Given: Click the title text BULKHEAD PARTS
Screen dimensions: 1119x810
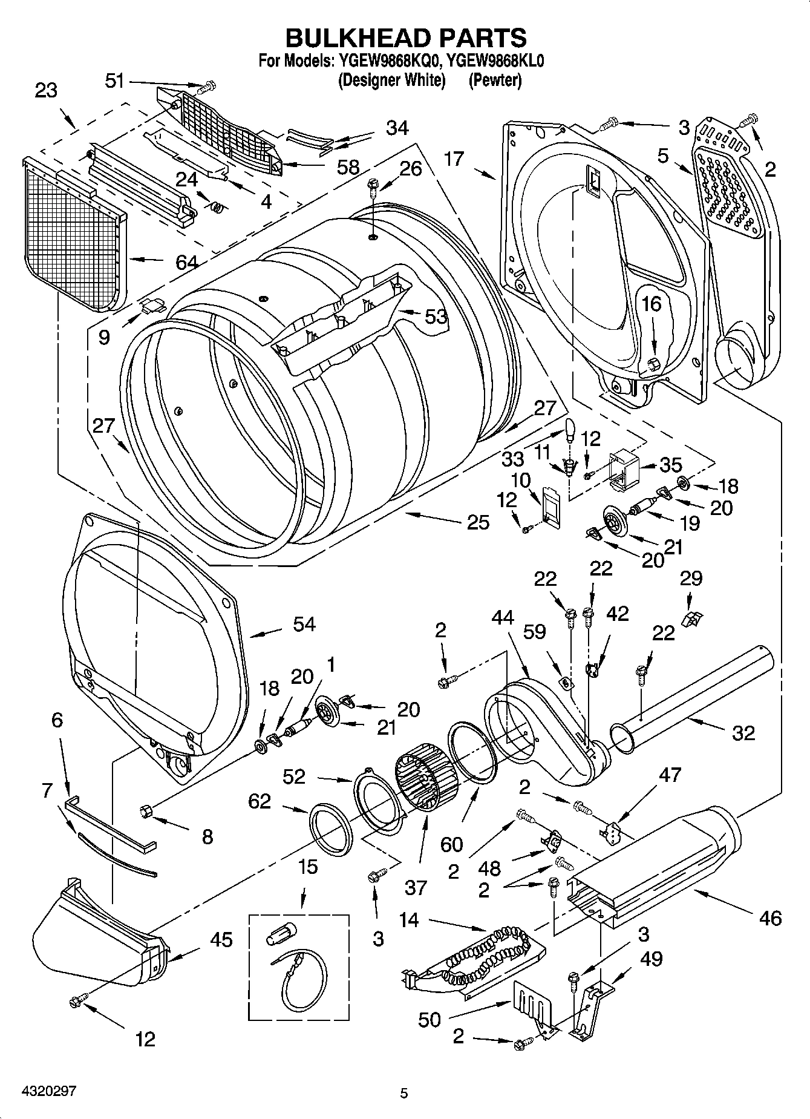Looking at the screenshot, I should point(405,38).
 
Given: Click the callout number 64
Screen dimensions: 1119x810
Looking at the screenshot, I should point(186,262).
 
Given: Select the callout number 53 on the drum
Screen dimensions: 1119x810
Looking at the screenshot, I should point(436,315).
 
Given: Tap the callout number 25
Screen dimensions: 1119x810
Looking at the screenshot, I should point(478,522).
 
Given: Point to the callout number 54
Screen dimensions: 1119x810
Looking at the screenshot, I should point(304,624).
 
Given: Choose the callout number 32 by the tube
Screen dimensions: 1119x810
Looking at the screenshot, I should point(743,733).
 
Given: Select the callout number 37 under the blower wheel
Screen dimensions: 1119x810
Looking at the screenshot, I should point(416,888).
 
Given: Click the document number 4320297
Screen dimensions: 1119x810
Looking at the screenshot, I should point(41,1091).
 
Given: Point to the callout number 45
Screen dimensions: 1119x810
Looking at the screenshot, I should point(221,940).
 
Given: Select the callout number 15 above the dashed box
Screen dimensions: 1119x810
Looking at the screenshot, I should point(307,867).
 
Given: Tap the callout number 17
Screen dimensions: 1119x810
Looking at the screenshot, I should point(453,159).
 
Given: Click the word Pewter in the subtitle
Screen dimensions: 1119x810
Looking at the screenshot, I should point(494,80).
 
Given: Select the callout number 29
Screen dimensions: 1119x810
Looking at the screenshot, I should point(691,578).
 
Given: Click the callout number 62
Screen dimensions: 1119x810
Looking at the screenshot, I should point(260,801).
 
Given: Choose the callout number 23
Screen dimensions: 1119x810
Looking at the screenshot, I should point(45,90).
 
